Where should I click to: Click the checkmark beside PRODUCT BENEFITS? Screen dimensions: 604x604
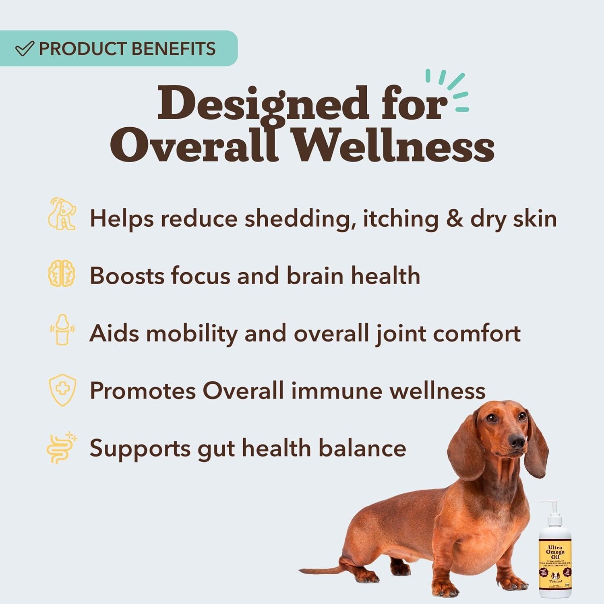[24, 49]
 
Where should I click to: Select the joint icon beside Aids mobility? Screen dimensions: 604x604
[62, 330]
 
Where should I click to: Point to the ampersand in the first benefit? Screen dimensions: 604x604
[455, 219]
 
